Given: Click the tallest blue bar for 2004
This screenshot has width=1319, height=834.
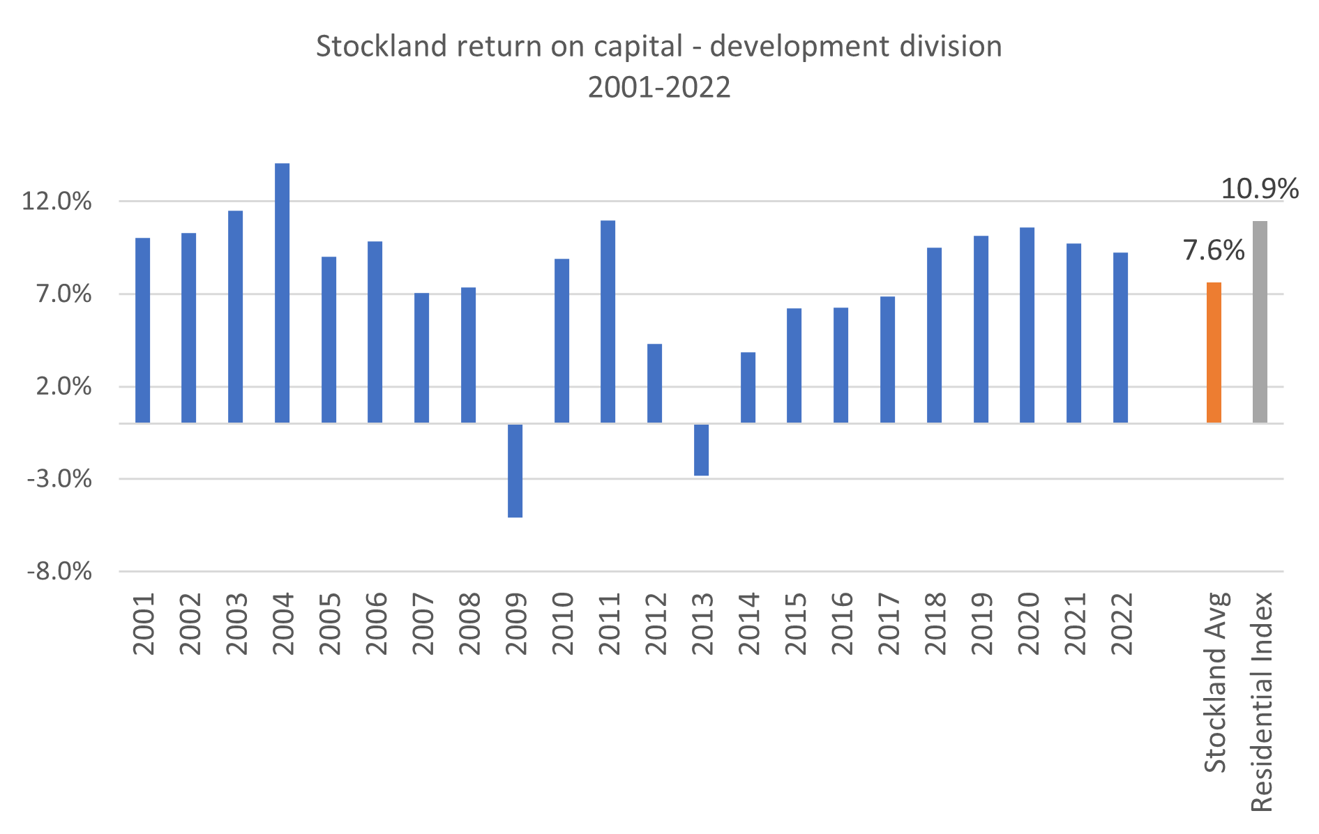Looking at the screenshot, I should (282, 293).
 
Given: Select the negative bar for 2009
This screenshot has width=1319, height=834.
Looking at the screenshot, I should (515, 471).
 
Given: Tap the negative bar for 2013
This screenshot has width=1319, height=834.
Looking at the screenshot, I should (701, 450).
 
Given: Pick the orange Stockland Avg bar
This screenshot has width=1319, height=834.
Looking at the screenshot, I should (1214, 352).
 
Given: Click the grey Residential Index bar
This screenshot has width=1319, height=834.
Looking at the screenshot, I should (1260, 321).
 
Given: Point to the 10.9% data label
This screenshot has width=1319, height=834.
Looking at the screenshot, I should (1259, 189).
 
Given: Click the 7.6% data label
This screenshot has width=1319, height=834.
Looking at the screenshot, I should (1214, 250).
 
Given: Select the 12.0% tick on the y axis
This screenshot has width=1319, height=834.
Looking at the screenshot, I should (57, 202).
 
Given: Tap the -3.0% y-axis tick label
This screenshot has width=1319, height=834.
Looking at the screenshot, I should (59, 479).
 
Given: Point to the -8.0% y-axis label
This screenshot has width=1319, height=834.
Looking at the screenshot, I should (59, 572).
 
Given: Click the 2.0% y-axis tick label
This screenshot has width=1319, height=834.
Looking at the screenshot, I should (63, 386).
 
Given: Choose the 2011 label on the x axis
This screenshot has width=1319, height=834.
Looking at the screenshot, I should (609, 623).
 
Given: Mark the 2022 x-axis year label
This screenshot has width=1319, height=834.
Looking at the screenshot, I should (1122, 623).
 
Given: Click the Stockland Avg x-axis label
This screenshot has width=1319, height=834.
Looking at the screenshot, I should (1215, 682).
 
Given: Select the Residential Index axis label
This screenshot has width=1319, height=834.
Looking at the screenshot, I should (1261, 702).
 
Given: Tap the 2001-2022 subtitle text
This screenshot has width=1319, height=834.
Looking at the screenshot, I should (659, 88).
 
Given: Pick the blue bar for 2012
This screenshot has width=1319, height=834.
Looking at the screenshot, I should (654, 383).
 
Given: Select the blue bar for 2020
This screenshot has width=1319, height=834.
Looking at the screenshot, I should (1027, 325).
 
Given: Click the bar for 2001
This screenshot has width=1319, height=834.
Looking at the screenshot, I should (142, 330).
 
